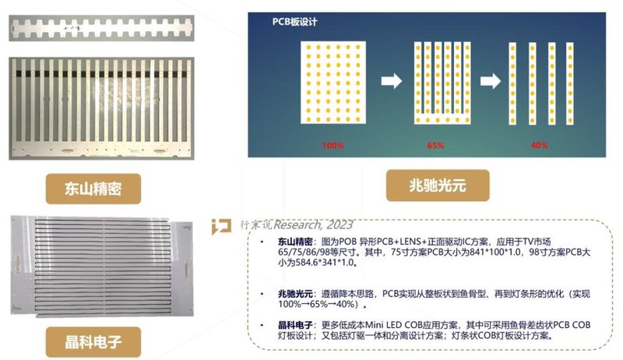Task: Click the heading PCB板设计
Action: pos(293,23)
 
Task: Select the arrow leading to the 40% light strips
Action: pos(488,80)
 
